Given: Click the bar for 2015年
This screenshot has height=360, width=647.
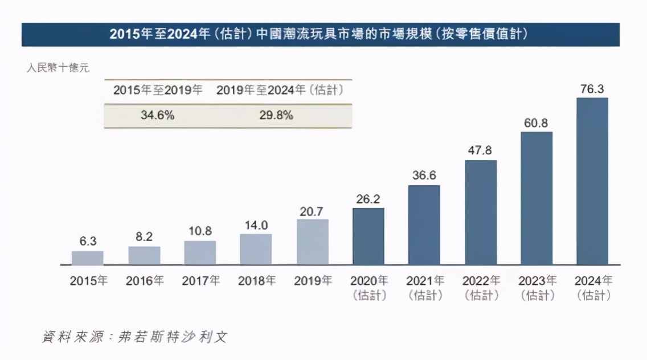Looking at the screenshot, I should tap(87, 258).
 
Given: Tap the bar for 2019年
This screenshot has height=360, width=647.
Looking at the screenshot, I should tap(312, 242).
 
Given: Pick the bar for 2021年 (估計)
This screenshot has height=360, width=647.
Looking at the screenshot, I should tap(424, 225).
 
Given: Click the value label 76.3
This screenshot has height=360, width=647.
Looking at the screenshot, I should tap(592, 89).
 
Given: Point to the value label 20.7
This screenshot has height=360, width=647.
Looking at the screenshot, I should tap(312, 211).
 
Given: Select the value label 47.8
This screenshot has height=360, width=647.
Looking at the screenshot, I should tap(480, 151).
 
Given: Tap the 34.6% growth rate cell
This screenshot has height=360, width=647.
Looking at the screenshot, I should tap(157, 116).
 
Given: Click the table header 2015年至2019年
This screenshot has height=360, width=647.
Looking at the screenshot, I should tap(157, 90).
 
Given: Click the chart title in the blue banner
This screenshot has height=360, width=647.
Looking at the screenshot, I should tap(320, 35).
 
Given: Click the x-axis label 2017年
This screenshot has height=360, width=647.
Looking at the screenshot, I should tap(200, 281).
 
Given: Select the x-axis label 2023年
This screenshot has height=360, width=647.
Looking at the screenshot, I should tap(537, 281).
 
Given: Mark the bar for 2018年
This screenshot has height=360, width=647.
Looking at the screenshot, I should tap(256, 249).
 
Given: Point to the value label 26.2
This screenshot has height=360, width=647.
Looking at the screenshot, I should tap(368, 199).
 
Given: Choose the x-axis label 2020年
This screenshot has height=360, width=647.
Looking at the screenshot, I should tap(368, 281).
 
